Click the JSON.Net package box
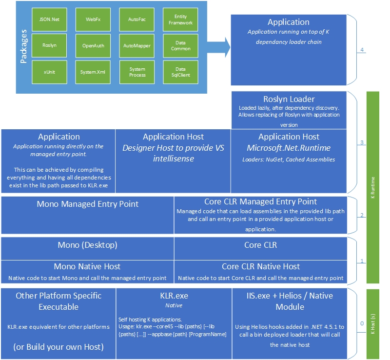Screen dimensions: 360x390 pyautogui.click(x=49, y=19)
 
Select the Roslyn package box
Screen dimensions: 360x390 pyautogui.click(x=49, y=45)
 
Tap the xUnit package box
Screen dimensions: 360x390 pyautogui.click(x=49, y=72)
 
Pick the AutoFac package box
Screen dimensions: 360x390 pyautogui.click(x=137, y=19)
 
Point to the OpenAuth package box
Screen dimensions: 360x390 pyautogui.click(x=93, y=45)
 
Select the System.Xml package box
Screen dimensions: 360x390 pyautogui.click(x=93, y=72)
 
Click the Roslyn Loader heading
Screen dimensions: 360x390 pyautogui.click(x=289, y=99)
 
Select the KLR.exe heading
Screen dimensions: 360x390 pyautogui.click(x=174, y=296)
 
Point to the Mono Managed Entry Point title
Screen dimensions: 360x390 pyautogui.click(x=88, y=204)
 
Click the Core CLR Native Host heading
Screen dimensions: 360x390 pyautogui.click(x=261, y=266)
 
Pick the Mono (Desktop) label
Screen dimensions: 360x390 pyautogui.click(x=88, y=245)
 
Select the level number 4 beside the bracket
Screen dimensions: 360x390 pyautogui.click(x=362, y=50)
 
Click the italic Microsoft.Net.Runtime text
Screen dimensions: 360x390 pyautogui.click(x=289, y=147)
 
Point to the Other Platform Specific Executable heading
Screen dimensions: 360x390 pyautogui.click(x=58, y=301)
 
